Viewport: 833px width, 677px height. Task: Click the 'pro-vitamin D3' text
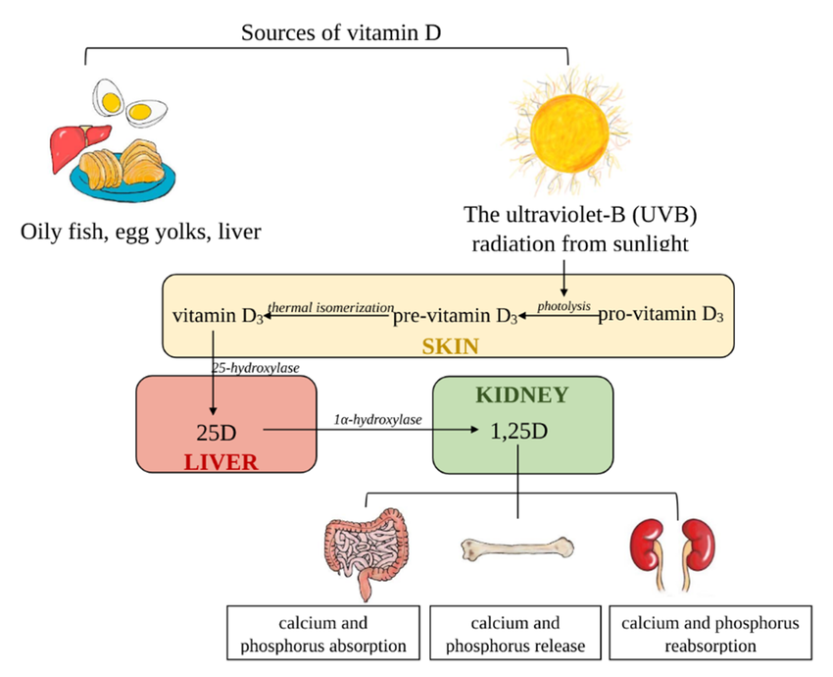coord(661,315)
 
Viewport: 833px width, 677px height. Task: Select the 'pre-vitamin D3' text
coord(455,317)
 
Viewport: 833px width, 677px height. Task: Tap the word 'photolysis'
coord(565,305)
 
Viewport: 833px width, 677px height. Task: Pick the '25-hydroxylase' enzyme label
coord(255,367)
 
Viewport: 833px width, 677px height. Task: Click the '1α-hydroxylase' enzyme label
coord(377,419)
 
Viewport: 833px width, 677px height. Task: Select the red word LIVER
coord(220,462)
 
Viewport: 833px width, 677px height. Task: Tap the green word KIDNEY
coord(520,395)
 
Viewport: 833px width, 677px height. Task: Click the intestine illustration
coord(363,549)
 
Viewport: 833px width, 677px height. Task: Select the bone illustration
coord(515,547)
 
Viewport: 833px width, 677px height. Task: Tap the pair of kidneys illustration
coord(670,549)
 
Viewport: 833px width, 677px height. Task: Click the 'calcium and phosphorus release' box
coord(515,635)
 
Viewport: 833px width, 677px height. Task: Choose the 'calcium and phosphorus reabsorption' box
coord(710,635)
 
